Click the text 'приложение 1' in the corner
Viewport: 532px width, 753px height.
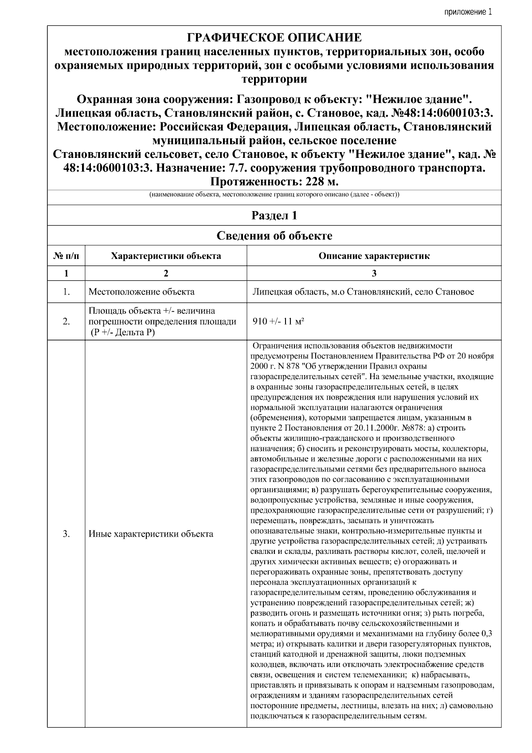pos(468,12)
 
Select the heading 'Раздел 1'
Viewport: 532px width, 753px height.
pos(274,216)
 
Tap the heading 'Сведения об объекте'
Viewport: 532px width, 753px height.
pos(274,235)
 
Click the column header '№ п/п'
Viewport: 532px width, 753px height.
pos(66,256)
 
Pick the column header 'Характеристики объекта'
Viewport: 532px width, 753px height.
pos(166,256)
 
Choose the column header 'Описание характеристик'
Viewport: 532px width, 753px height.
pos(374,256)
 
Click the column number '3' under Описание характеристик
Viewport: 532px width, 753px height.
pos(374,273)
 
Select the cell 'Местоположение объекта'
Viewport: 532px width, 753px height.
pos(141,292)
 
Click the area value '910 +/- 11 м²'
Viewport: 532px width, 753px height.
pos(278,322)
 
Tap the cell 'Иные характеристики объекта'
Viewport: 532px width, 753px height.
pos(151,534)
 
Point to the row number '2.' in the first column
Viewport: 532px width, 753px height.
pos(66,322)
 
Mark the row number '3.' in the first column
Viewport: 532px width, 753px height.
pos(66,534)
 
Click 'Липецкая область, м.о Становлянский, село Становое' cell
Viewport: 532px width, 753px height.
pos(363,292)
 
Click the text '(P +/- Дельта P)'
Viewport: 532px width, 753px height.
pos(123,332)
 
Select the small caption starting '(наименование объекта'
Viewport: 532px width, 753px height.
pos(274,195)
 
